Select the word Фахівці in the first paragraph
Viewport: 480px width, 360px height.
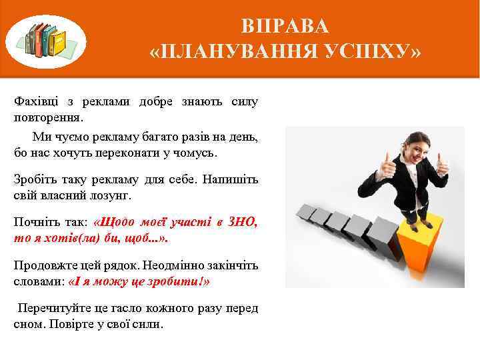[x=35, y=102]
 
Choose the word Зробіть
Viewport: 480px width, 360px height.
[x=36, y=180]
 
